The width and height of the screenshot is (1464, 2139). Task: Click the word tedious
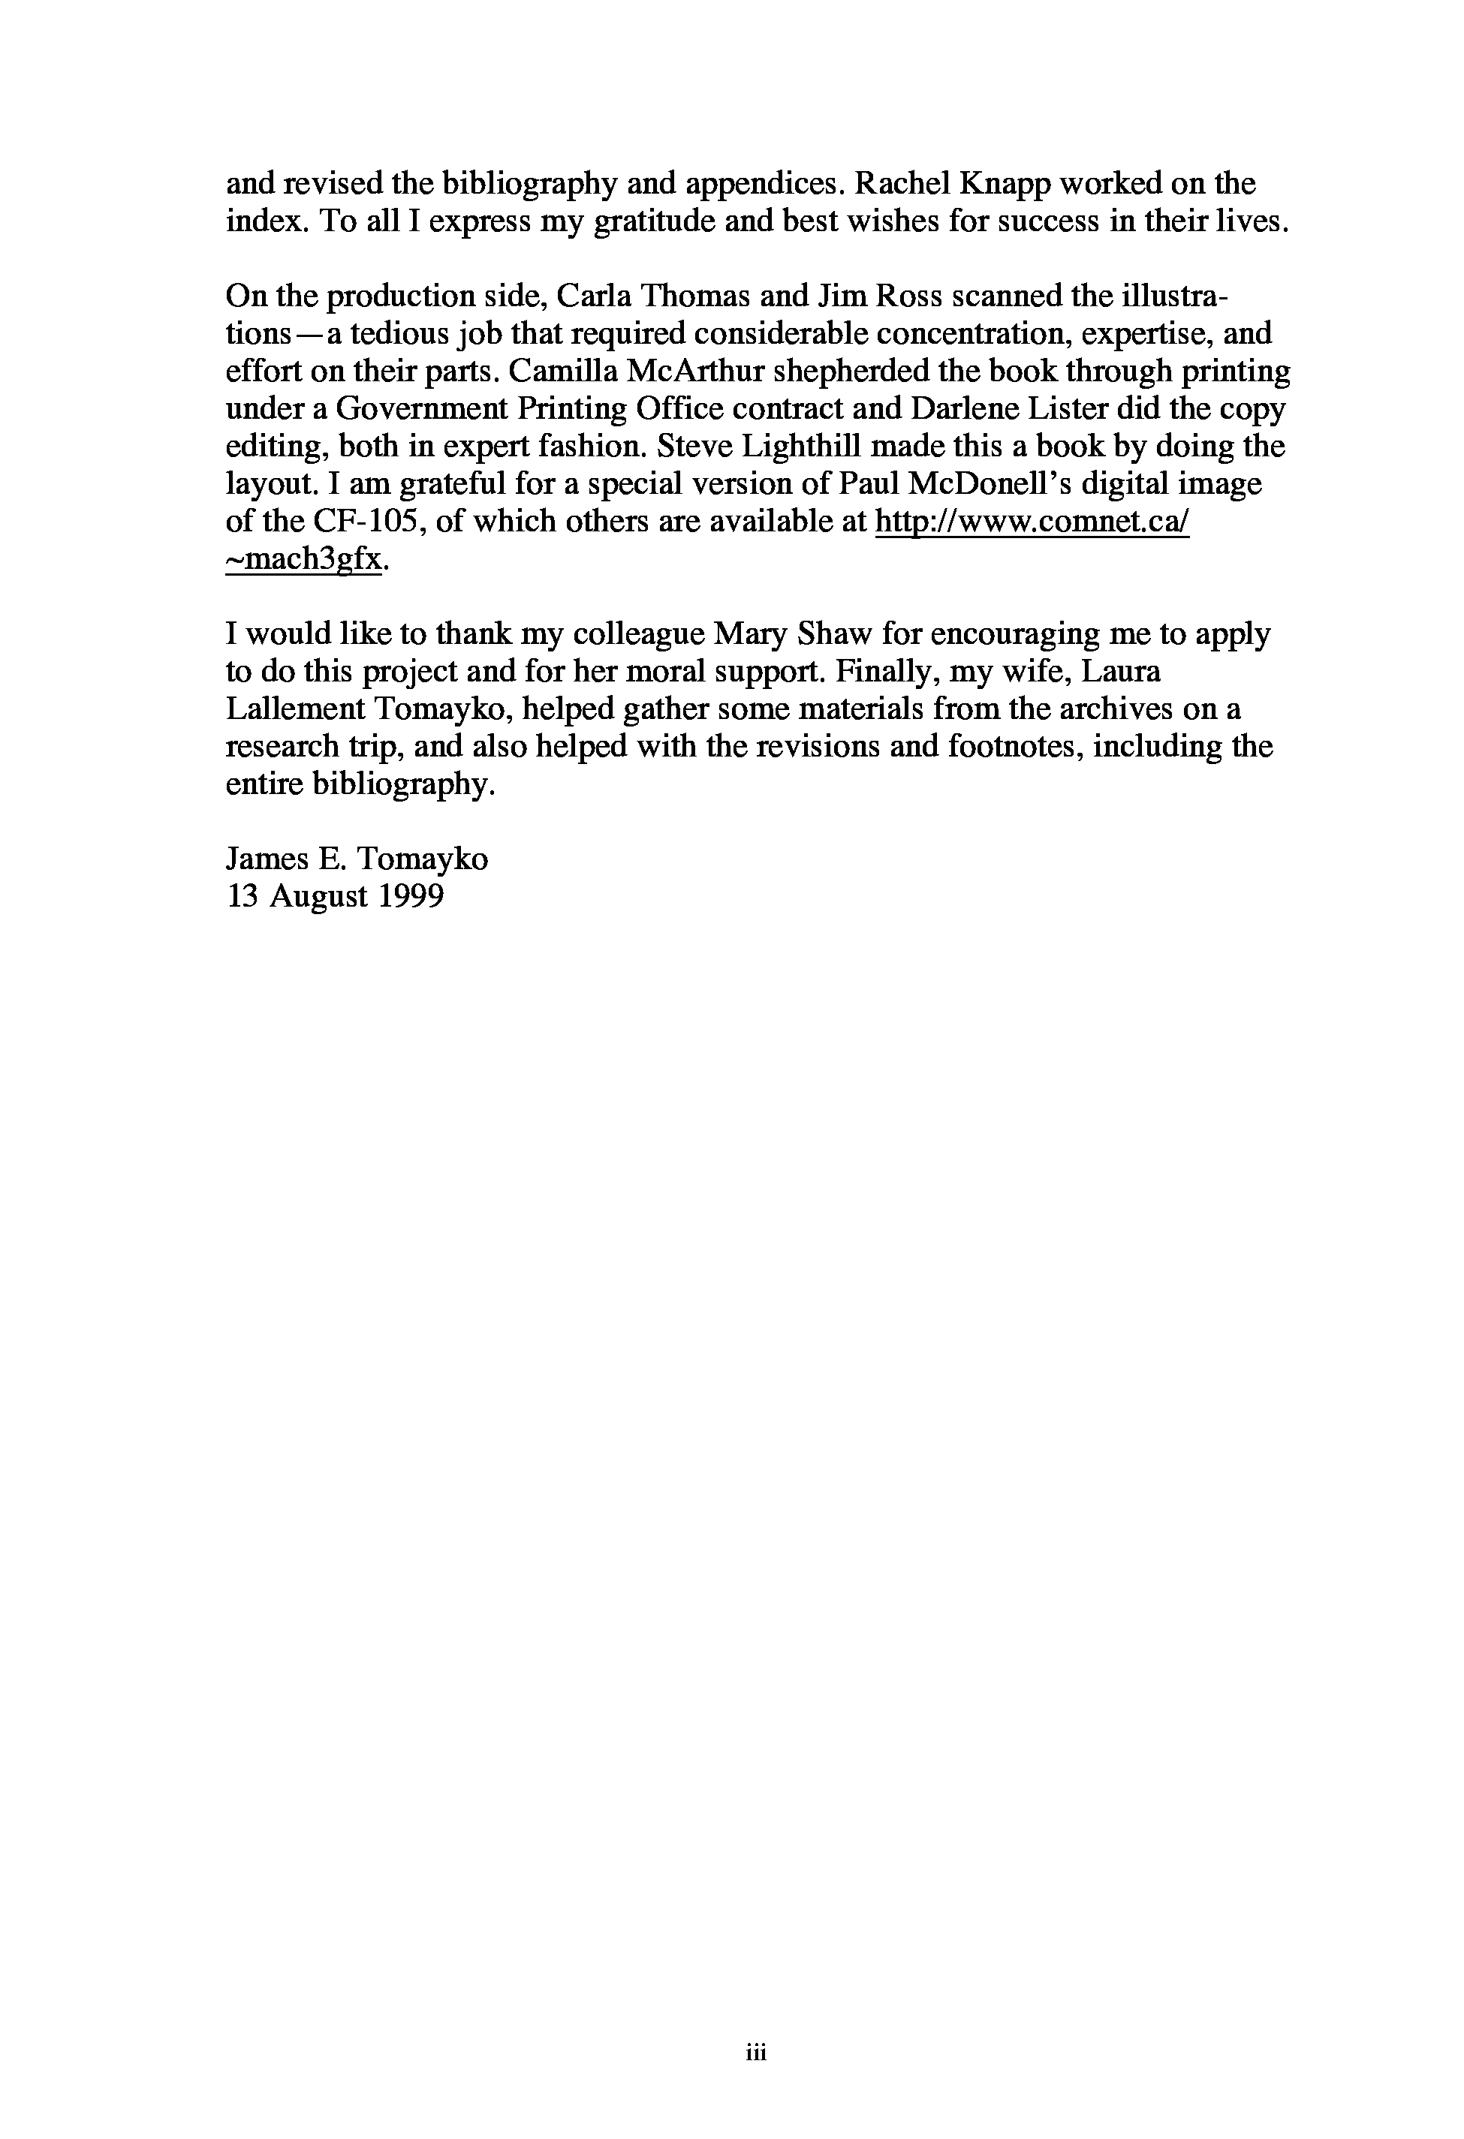pyautogui.click(x=393, y=333)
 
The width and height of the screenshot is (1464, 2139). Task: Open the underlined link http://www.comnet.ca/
pyautogui.click(x=1032, y=522)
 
